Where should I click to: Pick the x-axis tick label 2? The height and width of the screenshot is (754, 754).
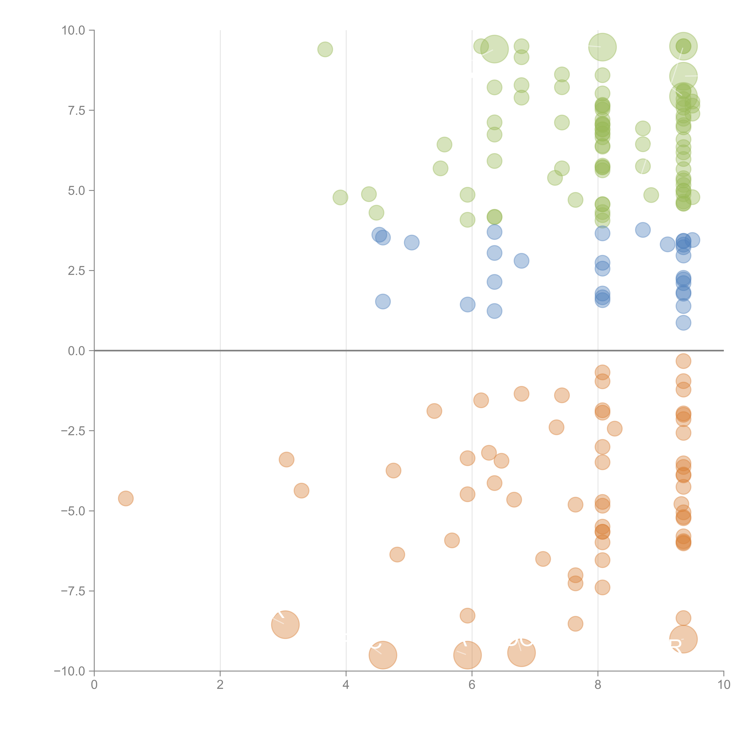220,685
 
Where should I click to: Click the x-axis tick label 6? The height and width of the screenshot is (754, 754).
472,685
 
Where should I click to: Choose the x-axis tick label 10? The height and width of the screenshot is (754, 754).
724,685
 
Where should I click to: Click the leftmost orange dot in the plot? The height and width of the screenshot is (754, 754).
126,498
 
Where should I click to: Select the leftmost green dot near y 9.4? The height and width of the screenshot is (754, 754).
325,49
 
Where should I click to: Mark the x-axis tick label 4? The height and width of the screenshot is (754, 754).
346,685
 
